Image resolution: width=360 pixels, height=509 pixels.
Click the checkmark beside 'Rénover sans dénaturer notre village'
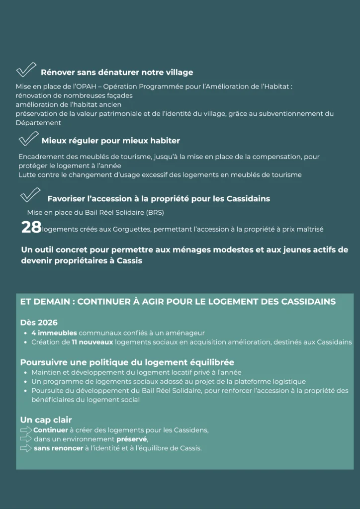[26, 70]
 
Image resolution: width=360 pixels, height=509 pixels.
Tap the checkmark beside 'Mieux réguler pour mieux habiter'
[28, 139]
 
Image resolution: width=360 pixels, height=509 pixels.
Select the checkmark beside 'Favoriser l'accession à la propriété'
[30, 195]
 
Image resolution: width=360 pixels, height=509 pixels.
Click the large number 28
[31, 228]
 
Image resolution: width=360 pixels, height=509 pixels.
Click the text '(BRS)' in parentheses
[155, 213]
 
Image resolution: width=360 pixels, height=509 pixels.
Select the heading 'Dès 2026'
[39, 323]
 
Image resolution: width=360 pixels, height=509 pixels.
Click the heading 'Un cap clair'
[46, 420]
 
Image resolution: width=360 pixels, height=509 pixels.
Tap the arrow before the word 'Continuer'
[26, 430]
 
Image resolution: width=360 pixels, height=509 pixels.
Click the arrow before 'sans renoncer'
[26, 448]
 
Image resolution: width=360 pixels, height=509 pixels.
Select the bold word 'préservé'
[132, 439]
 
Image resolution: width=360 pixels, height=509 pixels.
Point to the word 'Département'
[38, 123]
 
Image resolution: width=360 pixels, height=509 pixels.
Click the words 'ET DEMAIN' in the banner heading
[46, 302]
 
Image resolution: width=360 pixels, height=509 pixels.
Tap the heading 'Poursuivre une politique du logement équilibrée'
[127, 362]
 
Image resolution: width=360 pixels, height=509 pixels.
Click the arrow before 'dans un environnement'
[26, 439]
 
